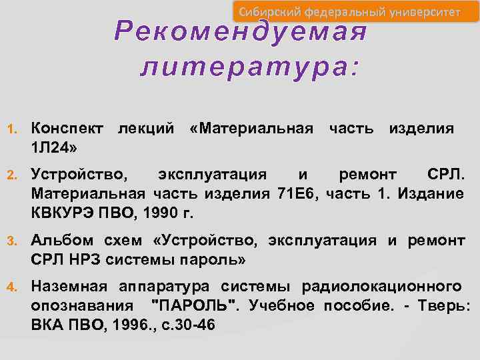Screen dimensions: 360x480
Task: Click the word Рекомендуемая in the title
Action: point(241,30)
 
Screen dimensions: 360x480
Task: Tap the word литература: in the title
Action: point(249,67)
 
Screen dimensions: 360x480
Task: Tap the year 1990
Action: point(157,213)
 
